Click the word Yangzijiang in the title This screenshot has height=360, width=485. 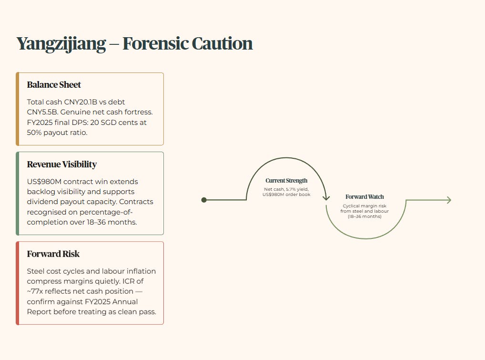(x=61, y=44)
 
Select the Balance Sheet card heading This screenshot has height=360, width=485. (x=54, y=85)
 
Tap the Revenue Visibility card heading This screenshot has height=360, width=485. (x=62, y=165)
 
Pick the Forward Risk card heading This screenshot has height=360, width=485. (x=53, y=254)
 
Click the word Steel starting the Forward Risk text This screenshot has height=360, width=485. (x=36, y=271)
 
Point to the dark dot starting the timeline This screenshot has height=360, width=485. (x=204, y=200)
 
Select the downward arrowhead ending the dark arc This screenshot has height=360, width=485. (x=326, y=197)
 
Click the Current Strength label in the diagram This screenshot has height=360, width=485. (x=286, y=181)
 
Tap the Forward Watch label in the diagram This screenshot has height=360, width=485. (x=364, y=197)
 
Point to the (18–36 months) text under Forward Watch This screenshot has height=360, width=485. (x=364, y=216)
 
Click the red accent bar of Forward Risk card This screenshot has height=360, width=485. (x=17, y=283)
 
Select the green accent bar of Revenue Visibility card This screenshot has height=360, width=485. (x=17, y=194)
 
